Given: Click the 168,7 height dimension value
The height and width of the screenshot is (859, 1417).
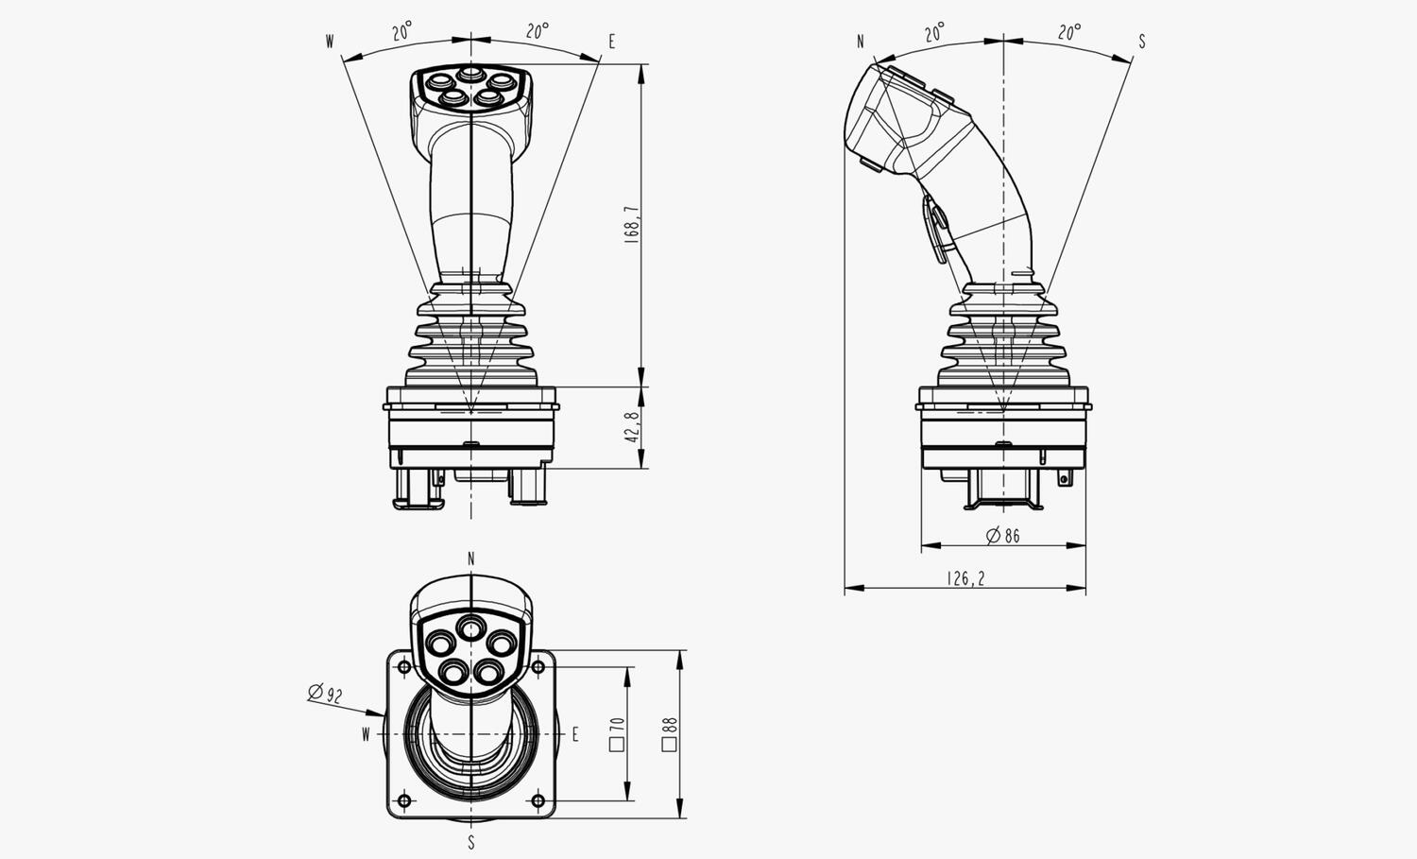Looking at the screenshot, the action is point(633,225).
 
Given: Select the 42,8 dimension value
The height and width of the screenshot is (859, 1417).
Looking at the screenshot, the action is point(633,427).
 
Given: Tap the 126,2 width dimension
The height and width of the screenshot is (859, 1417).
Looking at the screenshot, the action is point(965,578).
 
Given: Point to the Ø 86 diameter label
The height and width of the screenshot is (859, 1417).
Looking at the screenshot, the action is point(1003,536).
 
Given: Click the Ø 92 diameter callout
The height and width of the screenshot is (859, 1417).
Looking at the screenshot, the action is point(325,693).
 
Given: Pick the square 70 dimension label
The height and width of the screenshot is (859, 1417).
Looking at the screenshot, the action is point(618,733).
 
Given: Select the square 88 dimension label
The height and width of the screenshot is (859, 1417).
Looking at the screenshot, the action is point(670,733).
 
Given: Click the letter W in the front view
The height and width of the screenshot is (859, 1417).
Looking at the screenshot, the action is point(330,42).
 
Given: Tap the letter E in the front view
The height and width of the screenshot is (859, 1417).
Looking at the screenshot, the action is point(612,42).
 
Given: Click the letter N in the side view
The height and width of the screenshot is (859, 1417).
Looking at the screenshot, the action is point(861,42).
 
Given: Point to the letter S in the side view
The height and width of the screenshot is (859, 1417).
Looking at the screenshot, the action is point(1142,42).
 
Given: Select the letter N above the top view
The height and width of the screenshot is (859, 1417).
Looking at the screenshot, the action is point(471,558).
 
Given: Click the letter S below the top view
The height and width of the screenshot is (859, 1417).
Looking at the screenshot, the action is point(471,843).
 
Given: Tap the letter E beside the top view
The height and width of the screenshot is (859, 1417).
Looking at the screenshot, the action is point(575,734).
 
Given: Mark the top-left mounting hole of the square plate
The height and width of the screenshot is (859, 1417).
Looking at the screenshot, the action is point(404,666).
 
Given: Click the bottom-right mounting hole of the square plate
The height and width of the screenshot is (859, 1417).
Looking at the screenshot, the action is point(538,800).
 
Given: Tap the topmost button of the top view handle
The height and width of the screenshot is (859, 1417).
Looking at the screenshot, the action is point(469,628).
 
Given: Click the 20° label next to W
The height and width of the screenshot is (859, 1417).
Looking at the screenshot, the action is point(402,30).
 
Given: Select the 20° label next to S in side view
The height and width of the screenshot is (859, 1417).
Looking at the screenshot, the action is point(1069,31).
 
